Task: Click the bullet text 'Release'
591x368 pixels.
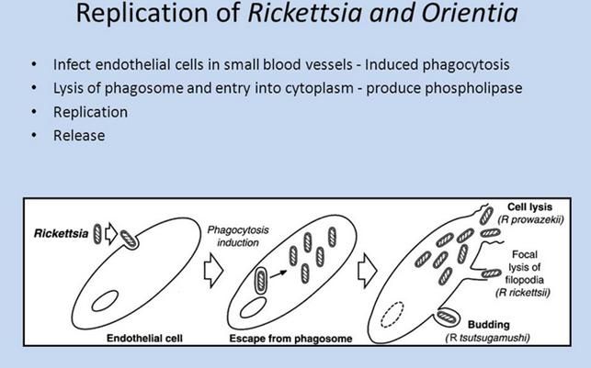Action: click(x=79, y=136)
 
